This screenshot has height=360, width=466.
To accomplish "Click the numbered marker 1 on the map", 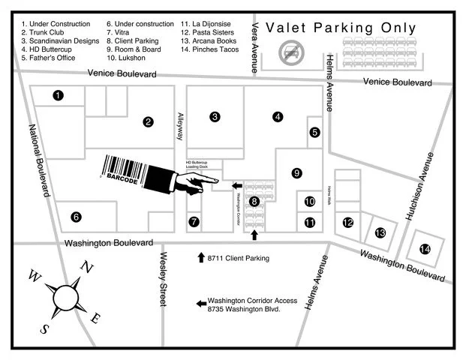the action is (58, 95).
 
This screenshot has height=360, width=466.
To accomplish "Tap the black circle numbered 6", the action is (76, 217).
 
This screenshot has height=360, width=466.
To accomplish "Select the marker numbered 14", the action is (425, 249).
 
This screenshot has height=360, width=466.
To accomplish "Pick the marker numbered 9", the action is (296, 173).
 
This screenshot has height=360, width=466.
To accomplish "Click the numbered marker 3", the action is (215, 116).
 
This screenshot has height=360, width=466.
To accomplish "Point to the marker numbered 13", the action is (380, 233).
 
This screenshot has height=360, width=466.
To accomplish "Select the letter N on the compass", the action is (87, 267).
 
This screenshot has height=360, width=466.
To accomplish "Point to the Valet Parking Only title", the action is (341, 28).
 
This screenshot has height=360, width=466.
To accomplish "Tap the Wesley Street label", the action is (164, 278).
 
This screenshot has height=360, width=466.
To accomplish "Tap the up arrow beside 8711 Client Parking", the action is (200, 258).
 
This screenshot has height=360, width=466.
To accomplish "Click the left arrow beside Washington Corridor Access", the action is (200, 304).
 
